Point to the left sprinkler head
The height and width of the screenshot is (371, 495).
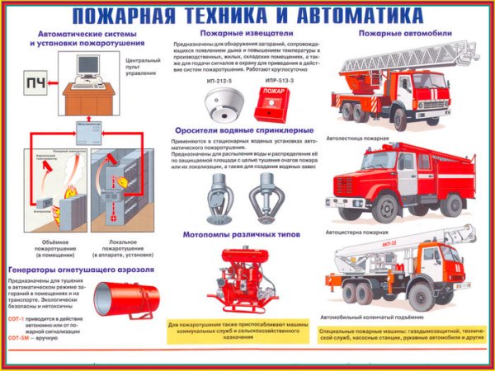218,197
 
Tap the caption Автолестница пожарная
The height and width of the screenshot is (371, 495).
357,139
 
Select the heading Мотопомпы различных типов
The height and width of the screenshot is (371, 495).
242,234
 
